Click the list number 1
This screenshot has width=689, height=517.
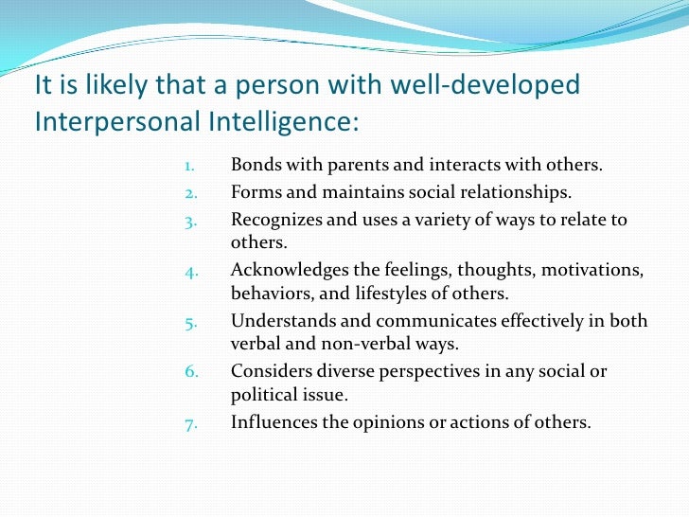click(x=189, y=165)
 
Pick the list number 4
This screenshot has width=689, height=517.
click(x=189, y=272)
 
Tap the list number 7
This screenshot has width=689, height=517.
click(x=189, y=423)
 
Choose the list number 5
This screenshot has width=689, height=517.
click(x=189, y=322)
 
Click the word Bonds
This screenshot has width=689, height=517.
click(x=255, y=165)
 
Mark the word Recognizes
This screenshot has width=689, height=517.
click(x=274, y=221)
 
